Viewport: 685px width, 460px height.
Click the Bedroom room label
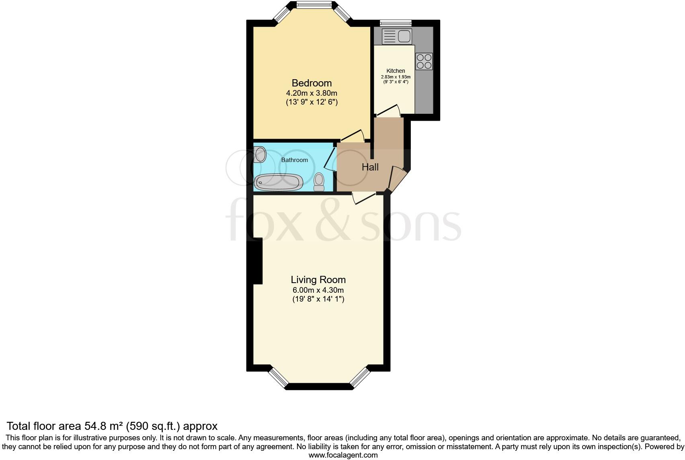pos(312,83)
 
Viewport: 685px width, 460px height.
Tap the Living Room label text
pos(318,280)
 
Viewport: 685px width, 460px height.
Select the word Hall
pos(370,167)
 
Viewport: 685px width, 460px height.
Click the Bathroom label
pos(294,160)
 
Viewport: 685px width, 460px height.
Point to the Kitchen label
pos(396,71)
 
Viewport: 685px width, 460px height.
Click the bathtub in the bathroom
pos(279,182)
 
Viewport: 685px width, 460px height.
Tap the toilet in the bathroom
pos(319,182)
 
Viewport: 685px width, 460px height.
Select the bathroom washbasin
pos(260,154)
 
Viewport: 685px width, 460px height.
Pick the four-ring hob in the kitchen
pos(424,62)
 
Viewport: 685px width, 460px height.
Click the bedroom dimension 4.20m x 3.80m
pos(312,93)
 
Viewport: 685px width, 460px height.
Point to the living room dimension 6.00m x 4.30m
pos(318,290)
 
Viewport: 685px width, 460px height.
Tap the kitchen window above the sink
pos(396,23)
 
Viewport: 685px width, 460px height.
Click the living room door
pos(363,197)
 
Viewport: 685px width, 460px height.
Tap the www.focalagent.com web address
pos(343,455)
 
